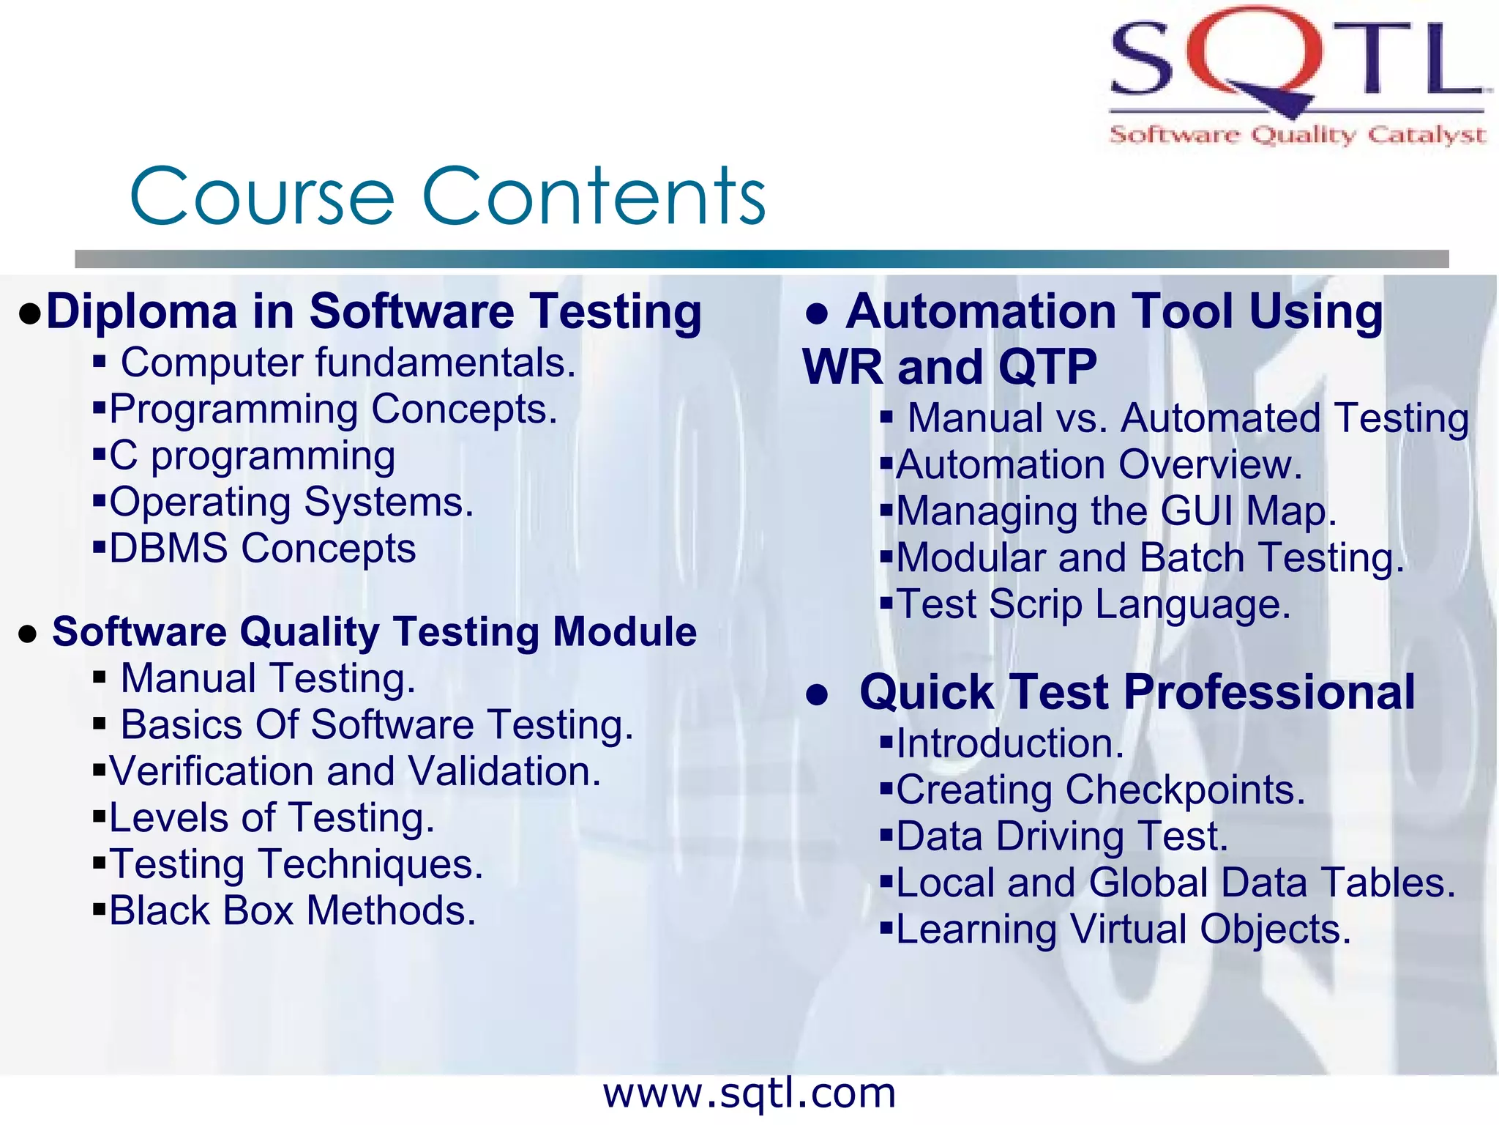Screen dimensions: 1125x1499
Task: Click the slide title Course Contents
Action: (x=447, y=196)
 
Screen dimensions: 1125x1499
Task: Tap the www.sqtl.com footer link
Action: (x=749, y=1094)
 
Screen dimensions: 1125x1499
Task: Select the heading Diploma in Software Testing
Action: (x=373, y=312)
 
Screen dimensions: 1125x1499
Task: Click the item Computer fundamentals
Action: (x=348, y=363)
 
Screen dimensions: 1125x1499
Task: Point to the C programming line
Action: (x=252, y=456)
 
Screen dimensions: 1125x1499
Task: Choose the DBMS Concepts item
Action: (x=262, y=549)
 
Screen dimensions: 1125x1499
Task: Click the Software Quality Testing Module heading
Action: (x=374, y=631)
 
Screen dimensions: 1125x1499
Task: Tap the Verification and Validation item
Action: (x=355, y=771)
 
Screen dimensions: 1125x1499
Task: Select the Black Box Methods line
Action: (x=292, y=911)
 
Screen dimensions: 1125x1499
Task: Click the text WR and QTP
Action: (x=949, y=367)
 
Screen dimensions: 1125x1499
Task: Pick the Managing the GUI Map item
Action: (x=1116, y=511)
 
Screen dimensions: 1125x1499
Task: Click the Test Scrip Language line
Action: (x=1094, y=605)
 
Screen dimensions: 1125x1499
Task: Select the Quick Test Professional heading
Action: (x=1137, y=692)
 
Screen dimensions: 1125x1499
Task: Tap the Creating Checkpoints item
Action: (x=1100, y=790)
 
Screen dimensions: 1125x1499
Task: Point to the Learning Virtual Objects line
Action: (x=1123, y=929)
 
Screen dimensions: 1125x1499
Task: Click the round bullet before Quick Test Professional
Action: (x=816, y=694)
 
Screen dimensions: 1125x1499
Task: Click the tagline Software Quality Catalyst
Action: (x=1297, y=135)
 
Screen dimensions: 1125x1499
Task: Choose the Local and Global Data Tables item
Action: (x=1175, y=883)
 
